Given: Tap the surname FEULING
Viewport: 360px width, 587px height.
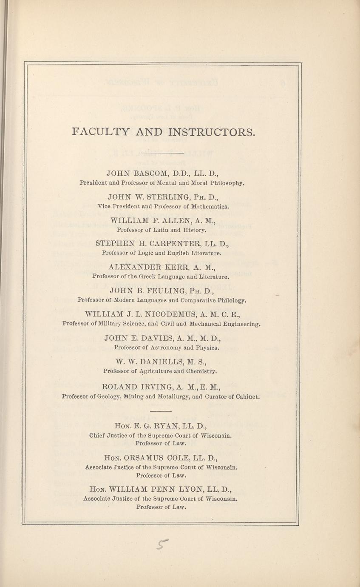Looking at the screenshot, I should [172, 291].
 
